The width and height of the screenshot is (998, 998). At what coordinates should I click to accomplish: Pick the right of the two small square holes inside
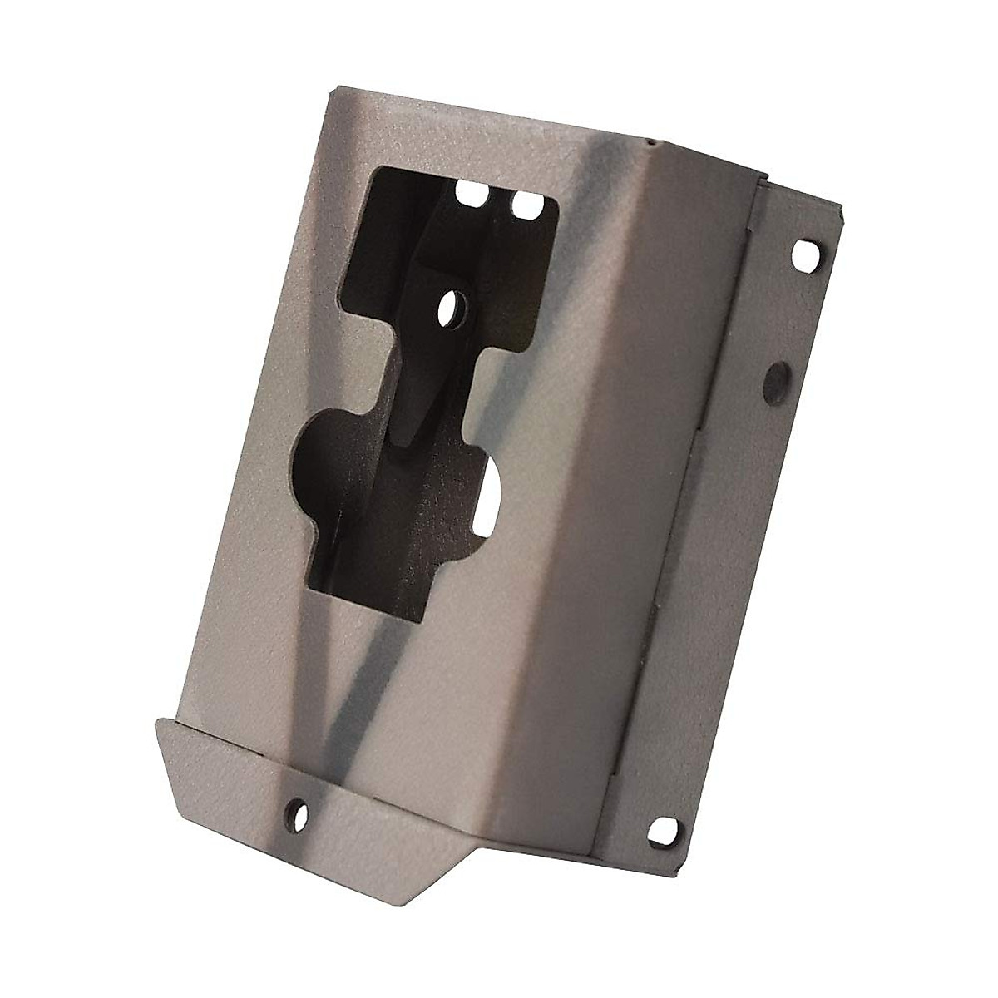click(523, 202)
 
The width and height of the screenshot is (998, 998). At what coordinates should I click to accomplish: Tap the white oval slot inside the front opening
click(491, 497)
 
